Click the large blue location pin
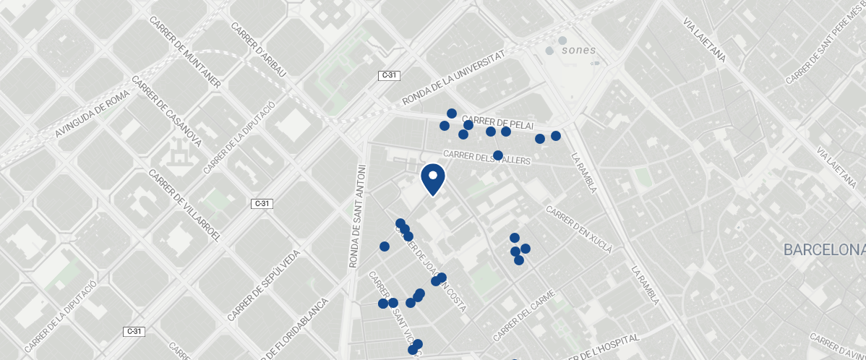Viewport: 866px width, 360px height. click(432, 179)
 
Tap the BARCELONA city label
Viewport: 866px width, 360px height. click(824, 250)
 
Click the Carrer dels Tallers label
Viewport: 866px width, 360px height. click(486, 156)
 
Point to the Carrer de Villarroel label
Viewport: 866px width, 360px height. click(184, 206)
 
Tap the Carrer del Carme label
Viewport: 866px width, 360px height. click(524, 316)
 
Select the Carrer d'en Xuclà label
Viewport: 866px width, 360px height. click(579, 230)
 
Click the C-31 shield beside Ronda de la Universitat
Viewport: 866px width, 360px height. click(390, 75)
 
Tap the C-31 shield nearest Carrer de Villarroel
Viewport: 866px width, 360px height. click(262, 204)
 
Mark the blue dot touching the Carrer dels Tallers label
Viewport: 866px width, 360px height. click(498, 155)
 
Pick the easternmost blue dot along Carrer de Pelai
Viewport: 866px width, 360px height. click(556, 136)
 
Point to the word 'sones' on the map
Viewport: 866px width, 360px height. click(578, 51)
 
